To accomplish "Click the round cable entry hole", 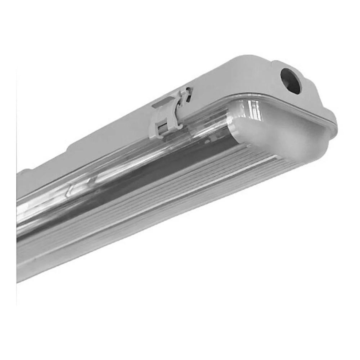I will point(290,80).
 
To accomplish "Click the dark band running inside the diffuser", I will point(166,166).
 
